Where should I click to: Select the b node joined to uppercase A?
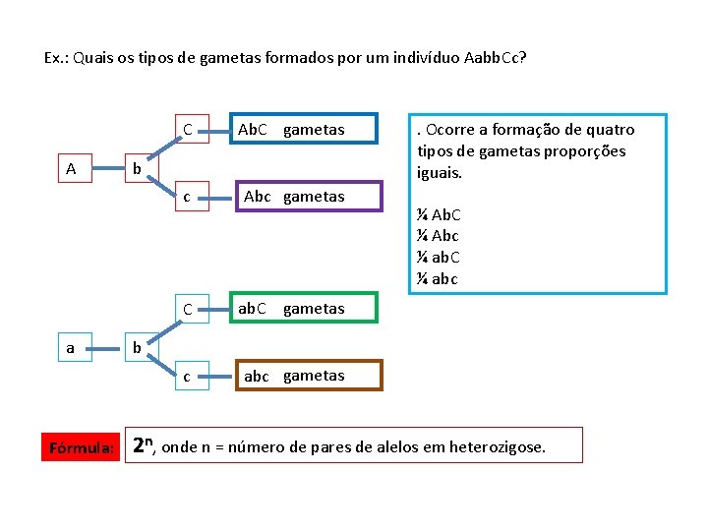coord(139,168)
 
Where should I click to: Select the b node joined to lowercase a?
coord(139,347)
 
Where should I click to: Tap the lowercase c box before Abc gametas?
coord(188,197)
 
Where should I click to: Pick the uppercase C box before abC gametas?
coord(188,310)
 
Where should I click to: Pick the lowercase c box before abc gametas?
coord(188,376)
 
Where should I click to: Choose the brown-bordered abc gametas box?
coord(306,376)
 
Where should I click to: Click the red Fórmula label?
coord(81,447)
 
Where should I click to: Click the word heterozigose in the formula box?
coord(497,447)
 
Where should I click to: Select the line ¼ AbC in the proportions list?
coord(440,214)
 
